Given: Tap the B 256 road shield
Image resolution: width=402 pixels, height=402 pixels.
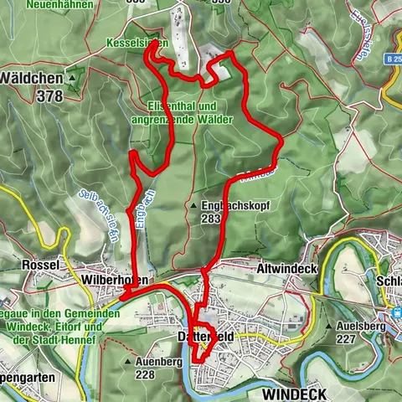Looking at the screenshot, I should (394, 60).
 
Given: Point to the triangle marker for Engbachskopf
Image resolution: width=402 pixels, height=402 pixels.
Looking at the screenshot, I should (193, 204).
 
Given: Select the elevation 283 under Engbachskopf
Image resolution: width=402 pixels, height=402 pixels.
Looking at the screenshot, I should (210, 218).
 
